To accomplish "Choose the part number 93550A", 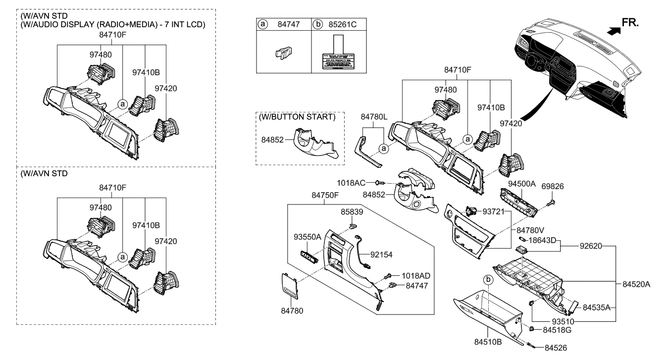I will (307, 237).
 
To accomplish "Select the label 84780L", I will (375, 117).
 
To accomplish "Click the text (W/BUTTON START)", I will (297, 117).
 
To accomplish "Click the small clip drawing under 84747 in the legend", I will (283, 53).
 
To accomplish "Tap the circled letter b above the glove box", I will (488, 280).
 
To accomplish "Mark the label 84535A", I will (595, 308).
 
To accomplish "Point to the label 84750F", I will (325, 195).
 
